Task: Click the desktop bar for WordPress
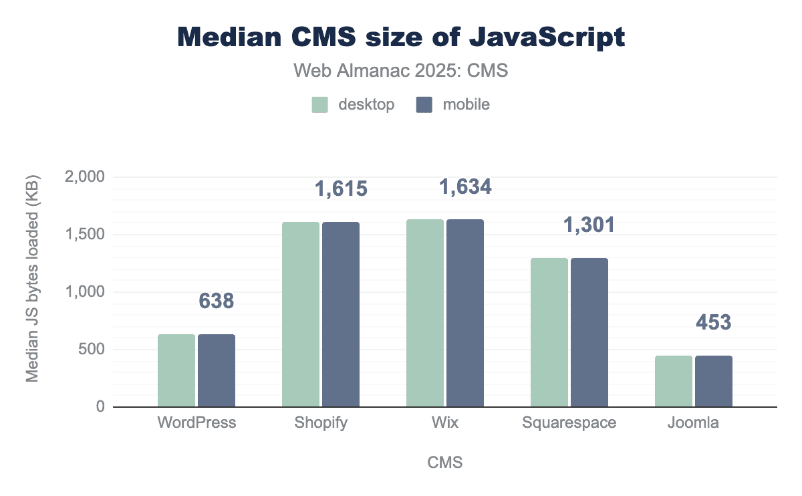coord(176,370)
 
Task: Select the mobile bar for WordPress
coord(217,370)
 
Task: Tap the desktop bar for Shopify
coord(301,314)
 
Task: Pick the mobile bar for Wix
coord(465,313)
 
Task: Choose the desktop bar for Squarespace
coord(549,332)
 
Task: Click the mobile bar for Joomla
coord(714,381)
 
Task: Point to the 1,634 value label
coord(465,187)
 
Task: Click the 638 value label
coord(217,301)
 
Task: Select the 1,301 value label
coord(589,226)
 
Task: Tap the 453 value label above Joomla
coord(714,323)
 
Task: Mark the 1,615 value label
coord(341,189)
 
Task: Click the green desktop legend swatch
coord(319,104)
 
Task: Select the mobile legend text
coord(466,104)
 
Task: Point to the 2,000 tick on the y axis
coord(86,177)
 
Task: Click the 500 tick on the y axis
coord(92,350)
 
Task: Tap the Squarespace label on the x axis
coord(569,423)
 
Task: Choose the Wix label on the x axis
coord(445,423)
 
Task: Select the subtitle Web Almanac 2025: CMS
coord(401,71)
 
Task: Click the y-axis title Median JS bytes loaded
coord(32,279)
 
